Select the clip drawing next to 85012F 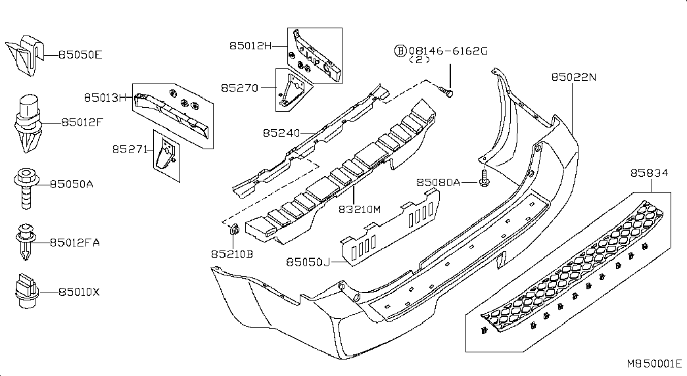tap(28, 123)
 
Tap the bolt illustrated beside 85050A tap(27, 187)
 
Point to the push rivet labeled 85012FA tap(26, 242)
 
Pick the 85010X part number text tap(80, 292)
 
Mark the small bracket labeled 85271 tap(166, 155)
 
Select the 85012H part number tap(250, 45)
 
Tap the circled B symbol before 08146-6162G tap(400, 51)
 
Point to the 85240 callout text tap(281, 132)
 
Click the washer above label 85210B tap(235, 229)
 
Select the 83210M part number tap(360, 210)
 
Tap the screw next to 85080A tap(484, 178)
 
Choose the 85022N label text tap(574, 77)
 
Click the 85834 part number tap(650, 173)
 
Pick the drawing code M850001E tap(654, 364)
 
